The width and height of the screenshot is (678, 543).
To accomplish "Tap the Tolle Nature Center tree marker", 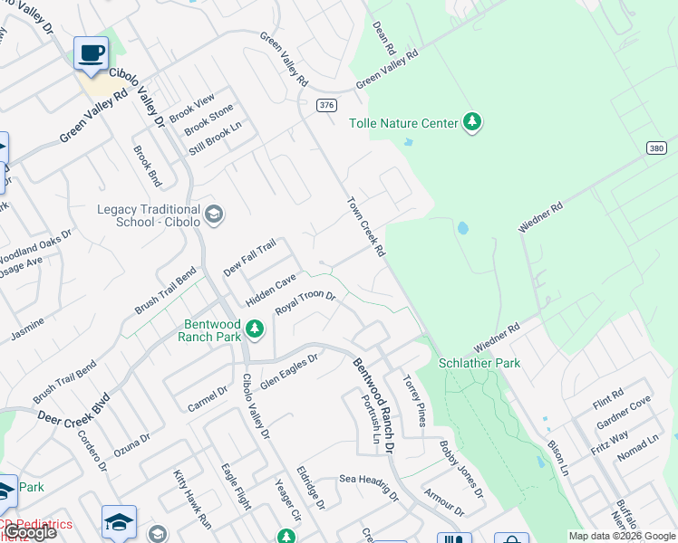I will [x=471, y=122].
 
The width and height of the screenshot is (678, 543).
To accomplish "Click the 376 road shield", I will [x=326, y=105].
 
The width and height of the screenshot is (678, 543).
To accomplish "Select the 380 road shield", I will [x=658, y=147].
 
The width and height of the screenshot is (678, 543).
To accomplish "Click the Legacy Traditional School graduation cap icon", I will [x=214, y=214].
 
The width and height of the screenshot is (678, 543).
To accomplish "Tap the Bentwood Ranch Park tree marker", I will [x=256, y=329].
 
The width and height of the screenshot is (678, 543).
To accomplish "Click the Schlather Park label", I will [x=479, y=362].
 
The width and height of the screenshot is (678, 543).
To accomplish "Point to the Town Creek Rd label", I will [x=366, y=224].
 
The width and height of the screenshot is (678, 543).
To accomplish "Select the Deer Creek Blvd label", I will [x=73, y=410].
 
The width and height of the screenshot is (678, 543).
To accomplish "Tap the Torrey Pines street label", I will [x=413, y=402].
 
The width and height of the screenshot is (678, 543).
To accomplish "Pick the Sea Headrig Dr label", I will [x=368, y=486].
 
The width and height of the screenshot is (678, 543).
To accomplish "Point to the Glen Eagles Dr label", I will [x=289, y=370].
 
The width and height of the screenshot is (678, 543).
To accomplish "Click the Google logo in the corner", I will [x=30, y=532].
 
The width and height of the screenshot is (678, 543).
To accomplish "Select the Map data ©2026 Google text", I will [x=622, y=536].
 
